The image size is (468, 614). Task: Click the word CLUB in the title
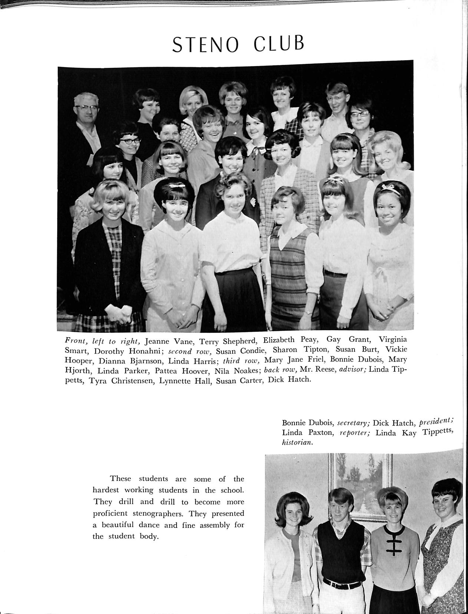(x=279, y=44)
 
